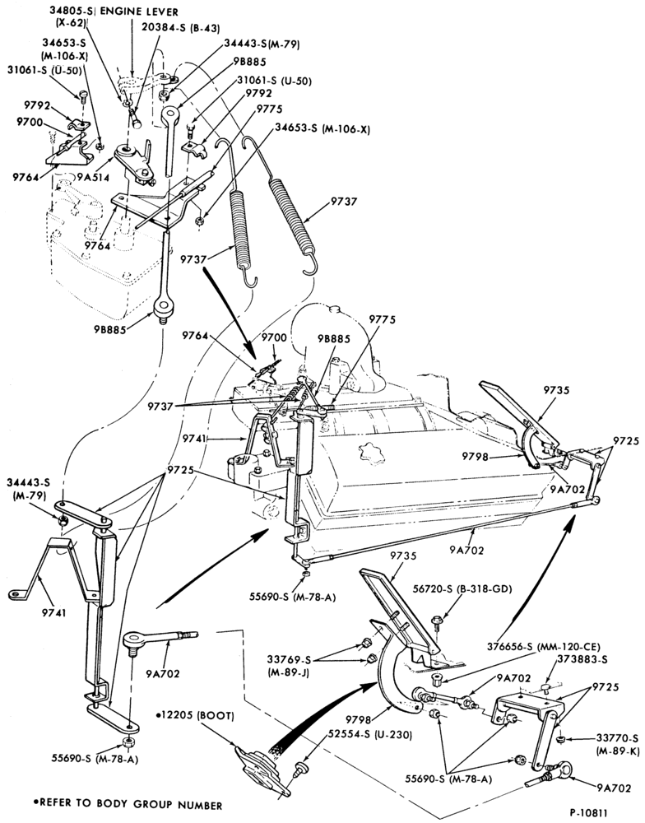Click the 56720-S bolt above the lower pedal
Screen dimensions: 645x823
pyautogui.click(x=435, y=622)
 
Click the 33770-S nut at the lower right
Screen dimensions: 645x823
pyautogui.click(x=560, y=740)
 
